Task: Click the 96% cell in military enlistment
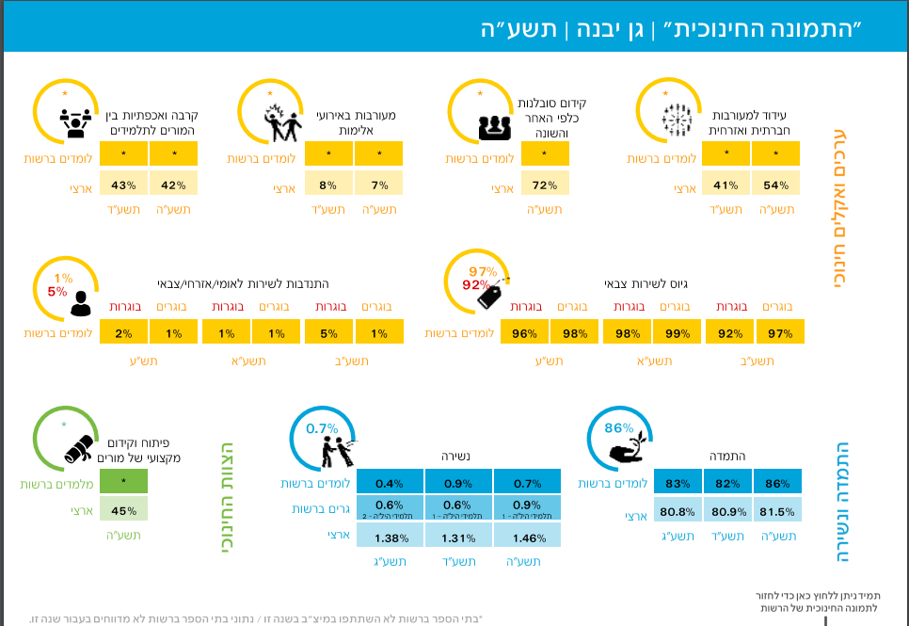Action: [524, 332]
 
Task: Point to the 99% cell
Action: [677, 332]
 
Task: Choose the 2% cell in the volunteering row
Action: [123, 332]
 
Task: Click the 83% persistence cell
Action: [677, 483]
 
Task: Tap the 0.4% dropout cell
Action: [389, 483]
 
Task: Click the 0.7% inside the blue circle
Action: [323, 428]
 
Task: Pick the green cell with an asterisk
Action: [123, 483]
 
